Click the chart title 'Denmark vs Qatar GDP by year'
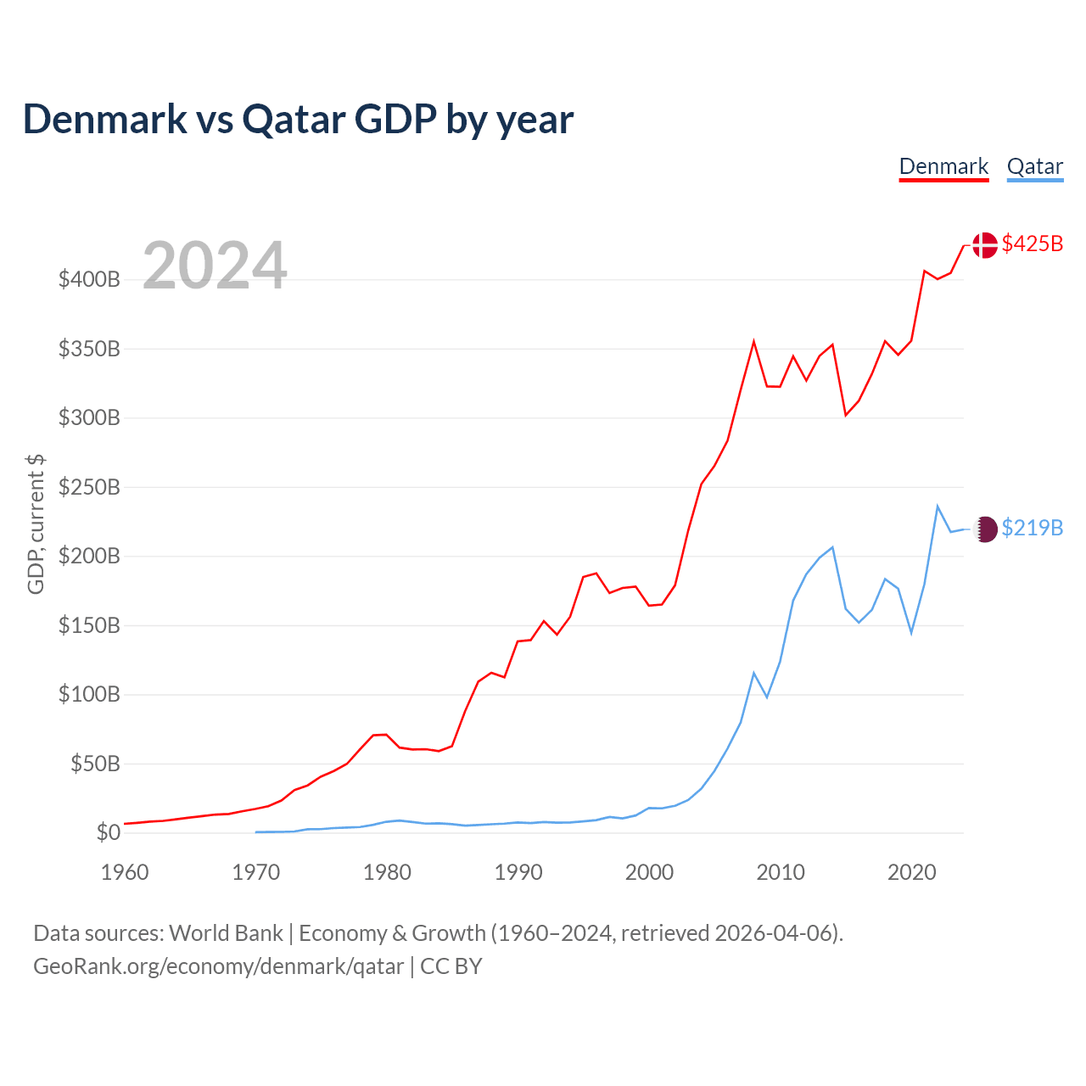point(298,120)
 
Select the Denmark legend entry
point(943,166)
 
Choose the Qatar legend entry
point(1034,166)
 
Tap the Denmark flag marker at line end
point(984,245)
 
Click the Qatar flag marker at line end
point(985,529)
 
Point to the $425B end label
point(1032,244)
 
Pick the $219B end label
point(1032,529)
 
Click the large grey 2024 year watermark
point(215,266)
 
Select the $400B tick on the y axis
point(89,280)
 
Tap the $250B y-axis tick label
point(89,488)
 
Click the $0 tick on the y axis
point(108,833)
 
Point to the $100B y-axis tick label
point(89,695)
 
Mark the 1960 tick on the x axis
point(125,872)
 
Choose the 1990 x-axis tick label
point(518,872)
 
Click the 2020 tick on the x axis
point(911,872)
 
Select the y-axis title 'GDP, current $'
point(36,523)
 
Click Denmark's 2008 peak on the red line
point(753,342)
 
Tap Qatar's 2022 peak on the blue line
point(938,507)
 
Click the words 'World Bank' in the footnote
point(226,933)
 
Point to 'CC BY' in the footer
point(451,966)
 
